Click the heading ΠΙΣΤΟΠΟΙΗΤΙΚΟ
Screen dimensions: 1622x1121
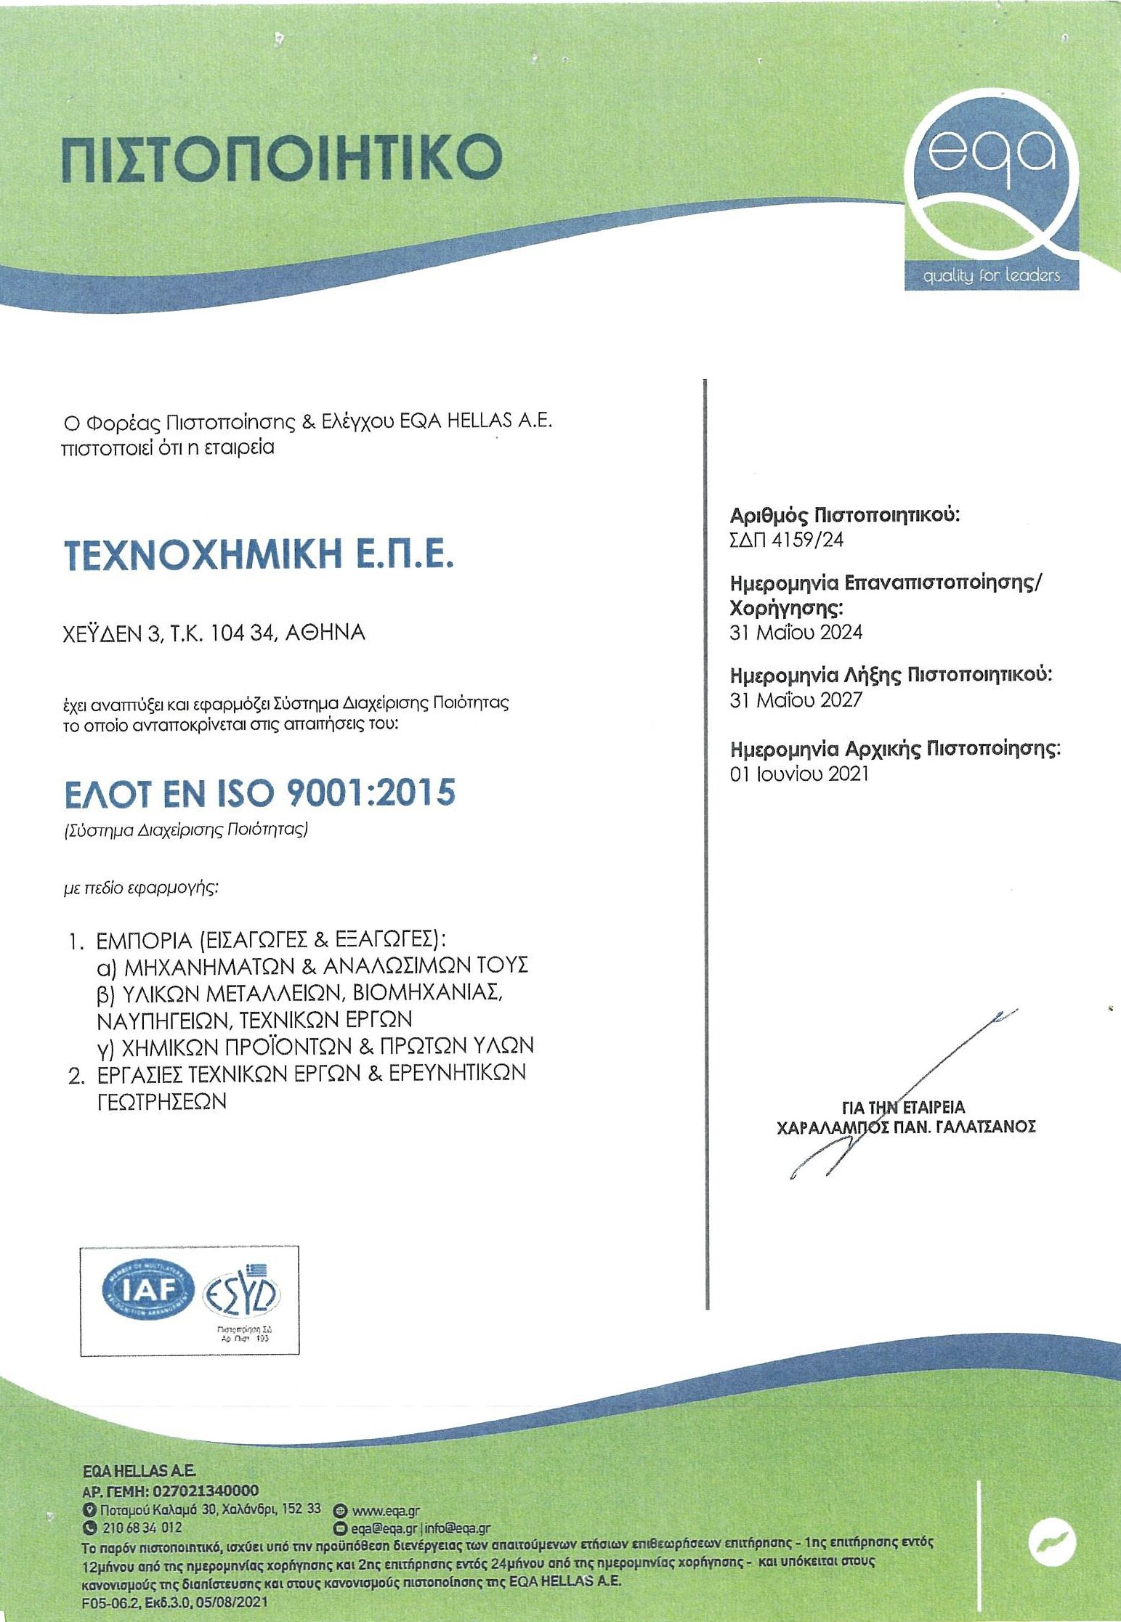point(282,157)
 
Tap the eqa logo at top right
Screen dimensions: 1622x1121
point(991,192)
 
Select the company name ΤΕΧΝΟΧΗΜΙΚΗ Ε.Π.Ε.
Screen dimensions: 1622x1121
point(259,555)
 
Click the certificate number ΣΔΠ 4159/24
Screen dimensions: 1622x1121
point(786,540)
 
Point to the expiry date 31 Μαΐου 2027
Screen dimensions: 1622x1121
point(796,700)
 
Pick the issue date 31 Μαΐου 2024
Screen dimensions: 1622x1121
point(796,632)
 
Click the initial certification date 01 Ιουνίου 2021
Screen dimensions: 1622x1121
point(799,774)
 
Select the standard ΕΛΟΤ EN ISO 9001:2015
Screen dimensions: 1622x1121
point(259,793)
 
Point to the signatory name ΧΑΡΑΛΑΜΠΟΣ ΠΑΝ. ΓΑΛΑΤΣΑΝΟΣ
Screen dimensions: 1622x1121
point(905,1127)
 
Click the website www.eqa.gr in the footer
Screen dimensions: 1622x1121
point(386,1512)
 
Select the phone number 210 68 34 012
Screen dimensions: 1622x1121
point(142,1528)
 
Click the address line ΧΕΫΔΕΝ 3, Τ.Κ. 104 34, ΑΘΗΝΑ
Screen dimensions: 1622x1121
point(214,633)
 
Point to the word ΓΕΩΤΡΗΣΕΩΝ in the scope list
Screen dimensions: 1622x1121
point(161,1102)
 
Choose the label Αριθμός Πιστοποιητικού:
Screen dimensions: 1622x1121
point(844,516)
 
